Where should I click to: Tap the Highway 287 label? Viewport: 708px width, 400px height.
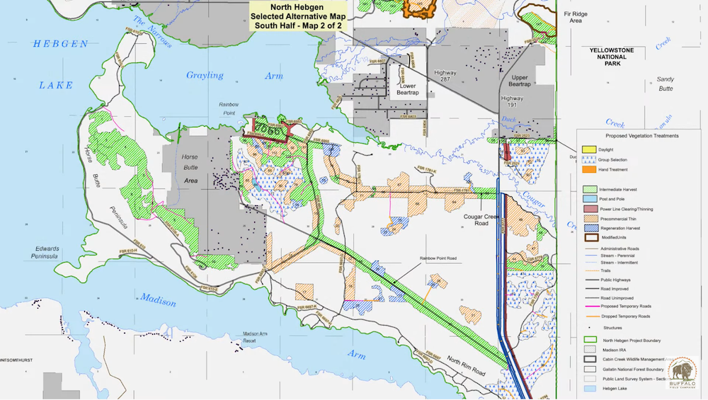tap(446, 77)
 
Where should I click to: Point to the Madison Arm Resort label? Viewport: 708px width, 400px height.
tap(258, 337)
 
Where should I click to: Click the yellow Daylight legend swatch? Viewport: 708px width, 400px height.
tap(588, 150)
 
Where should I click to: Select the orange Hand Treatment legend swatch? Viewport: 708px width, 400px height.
tap(588, 169)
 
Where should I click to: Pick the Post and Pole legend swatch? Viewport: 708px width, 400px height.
tap(588, 200)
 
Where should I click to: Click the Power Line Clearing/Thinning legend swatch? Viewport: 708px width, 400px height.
tap(588, 210)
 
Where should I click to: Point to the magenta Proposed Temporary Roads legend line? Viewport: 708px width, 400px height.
tap(588, 307)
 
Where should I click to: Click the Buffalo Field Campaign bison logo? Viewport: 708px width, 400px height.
tap(682, 372)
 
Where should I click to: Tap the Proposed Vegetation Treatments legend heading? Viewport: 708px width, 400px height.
tap(642, 135)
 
